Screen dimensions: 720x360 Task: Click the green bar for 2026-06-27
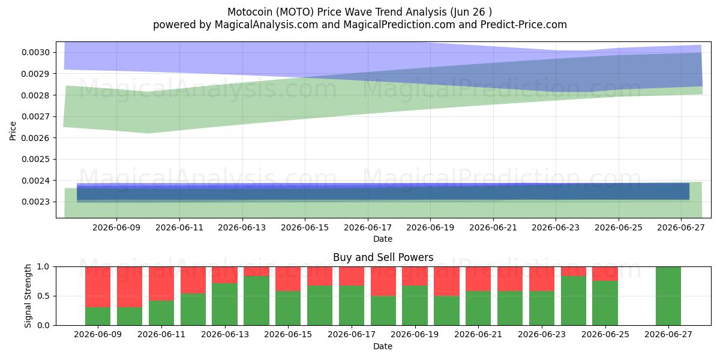(668, 296)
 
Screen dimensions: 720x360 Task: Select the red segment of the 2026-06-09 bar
(98, 287)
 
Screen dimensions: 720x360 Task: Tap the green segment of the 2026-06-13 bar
(224, 304)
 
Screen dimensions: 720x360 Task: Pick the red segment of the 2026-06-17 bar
(352, 276)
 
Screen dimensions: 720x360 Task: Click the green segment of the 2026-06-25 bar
(605, 303)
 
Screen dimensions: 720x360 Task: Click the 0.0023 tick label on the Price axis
(36, 202)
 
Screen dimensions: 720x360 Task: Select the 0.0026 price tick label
(36, 138)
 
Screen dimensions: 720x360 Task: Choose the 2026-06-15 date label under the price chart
(305, 227)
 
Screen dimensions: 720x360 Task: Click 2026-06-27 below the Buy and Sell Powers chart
(668, 334)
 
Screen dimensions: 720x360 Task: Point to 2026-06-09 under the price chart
(116, 227)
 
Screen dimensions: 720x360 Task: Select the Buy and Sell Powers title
(383, 257)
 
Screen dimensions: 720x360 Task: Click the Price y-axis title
(13, 131)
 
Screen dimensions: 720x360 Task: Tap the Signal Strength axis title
(28, 296)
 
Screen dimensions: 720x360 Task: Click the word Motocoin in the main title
(250, 12)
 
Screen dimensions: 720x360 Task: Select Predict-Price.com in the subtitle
(524, 25)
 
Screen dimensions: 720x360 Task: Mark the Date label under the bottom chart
(383, 346)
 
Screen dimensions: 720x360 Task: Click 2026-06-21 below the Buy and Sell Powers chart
(478, 334)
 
